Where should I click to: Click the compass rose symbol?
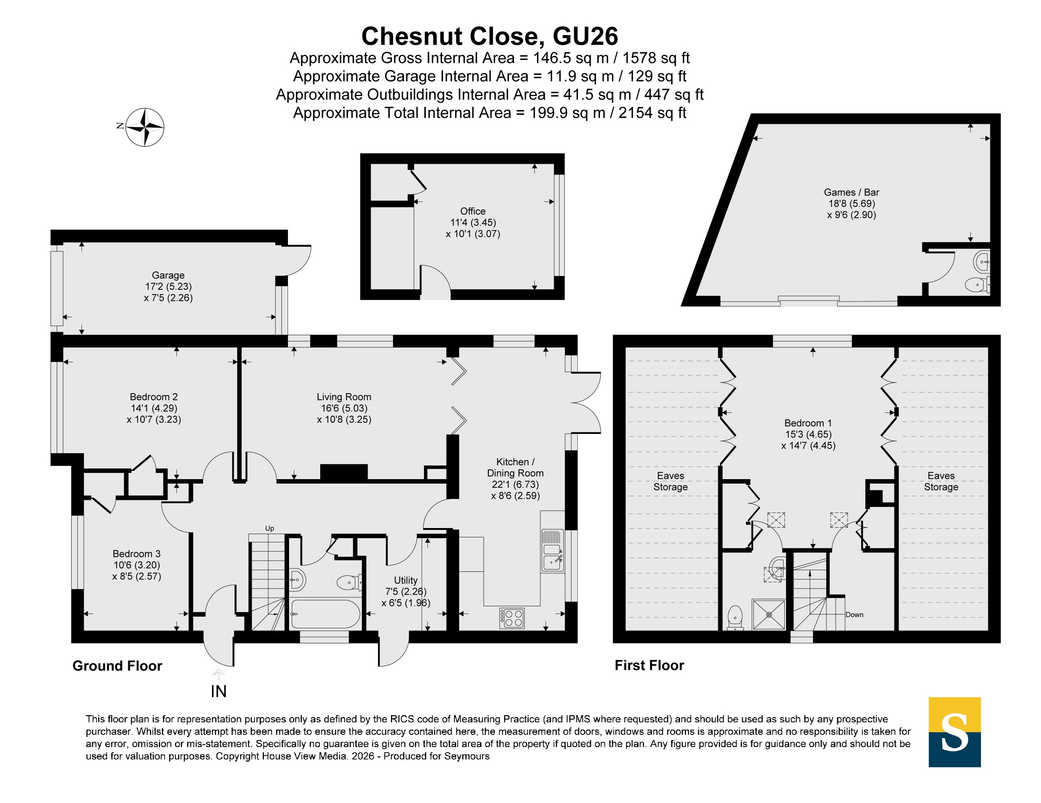click(x=145, y=127)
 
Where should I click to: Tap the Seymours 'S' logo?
click(x=954, y=732)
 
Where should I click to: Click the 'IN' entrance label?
click(x=219, y=691)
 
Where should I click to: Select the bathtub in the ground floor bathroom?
click(x=325, y=614)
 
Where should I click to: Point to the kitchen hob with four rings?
click(x=512, y=618)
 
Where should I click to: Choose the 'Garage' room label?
click(x=168, y=275)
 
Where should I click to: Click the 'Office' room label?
click(x=473, y=211)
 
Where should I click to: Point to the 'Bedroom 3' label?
click(x=136, y=554)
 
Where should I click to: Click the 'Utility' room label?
click(x=406, y=580)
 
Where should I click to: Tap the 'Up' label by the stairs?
click(x=269, y=528)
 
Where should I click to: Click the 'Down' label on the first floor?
click(x=854, y=615)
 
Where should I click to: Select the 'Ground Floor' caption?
click(x=117, y=666)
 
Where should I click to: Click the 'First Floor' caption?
click(x=649, y=665)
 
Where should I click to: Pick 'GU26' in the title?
click(x=585, y=36)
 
